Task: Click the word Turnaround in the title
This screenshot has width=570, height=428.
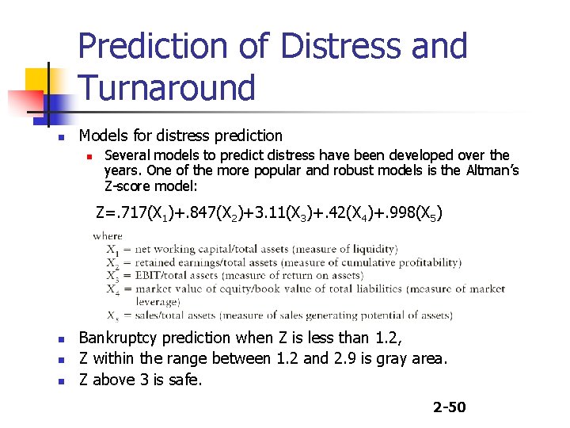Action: (167, 87)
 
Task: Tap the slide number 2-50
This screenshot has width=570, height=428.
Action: (449, 407)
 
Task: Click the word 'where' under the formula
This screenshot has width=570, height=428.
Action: (107, 235)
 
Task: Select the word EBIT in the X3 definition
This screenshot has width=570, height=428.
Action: (149, 275)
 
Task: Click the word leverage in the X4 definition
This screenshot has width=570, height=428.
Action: (158, 302)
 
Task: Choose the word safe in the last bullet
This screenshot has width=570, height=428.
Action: (185, 380)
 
